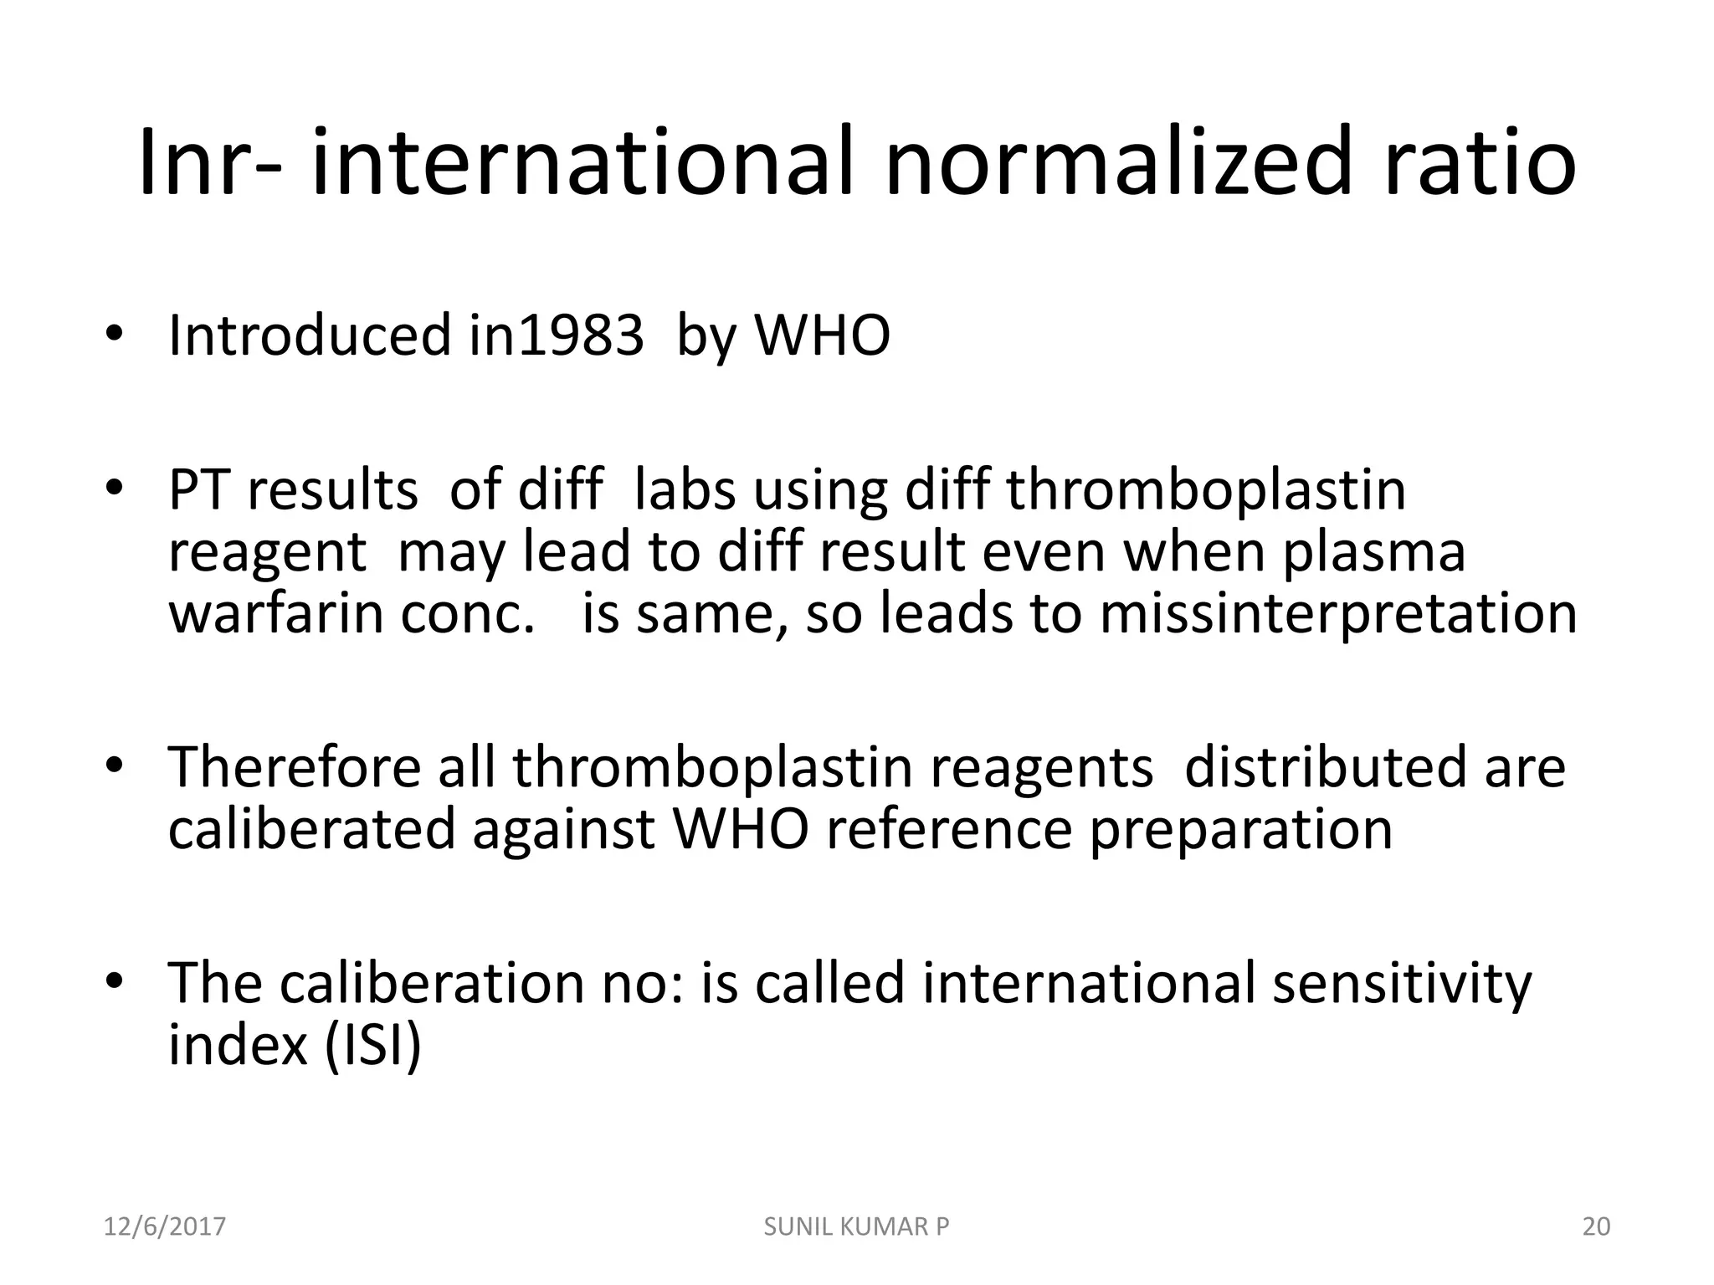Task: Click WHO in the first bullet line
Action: coord(823,335)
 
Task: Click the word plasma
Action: coord(1373,552)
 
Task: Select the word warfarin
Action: coord(277,613)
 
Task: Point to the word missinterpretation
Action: coord(1338,613)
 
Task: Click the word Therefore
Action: coord(294,767)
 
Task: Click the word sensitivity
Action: coord(1402,983)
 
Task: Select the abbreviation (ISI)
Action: coord(372,1046)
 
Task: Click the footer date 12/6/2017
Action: coord(165,1226)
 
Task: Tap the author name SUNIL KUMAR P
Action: coord(857,1226)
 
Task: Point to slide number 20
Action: coord(1597,1226)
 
